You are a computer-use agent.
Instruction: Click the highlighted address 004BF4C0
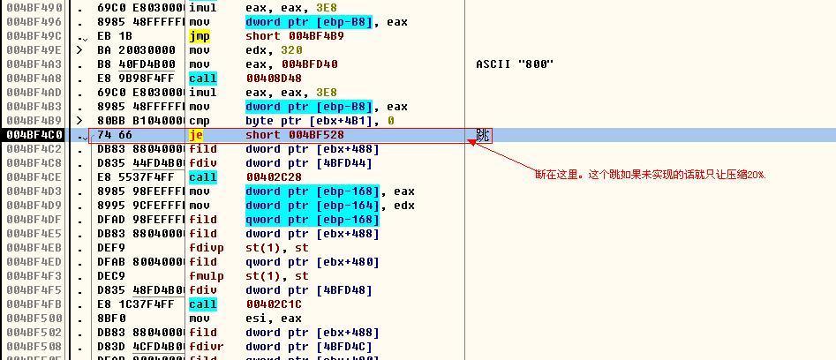click(x=34, y=135)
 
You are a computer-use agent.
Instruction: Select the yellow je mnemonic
click(x=196, y=135)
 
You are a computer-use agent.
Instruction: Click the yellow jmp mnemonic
click(x=200, y=36)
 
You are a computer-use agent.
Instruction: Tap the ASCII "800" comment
click(x=515, y=64)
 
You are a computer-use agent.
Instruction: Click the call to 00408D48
click(x=245, y=79)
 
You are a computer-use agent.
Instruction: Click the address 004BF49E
click(x=34, y=50)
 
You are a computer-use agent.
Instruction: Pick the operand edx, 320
click(x=274, y=50)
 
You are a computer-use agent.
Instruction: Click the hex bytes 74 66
click(x=115, y=135)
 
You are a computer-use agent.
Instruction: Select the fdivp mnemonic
click(x=207, y=248)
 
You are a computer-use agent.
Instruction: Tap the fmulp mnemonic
click(x=207, y=276)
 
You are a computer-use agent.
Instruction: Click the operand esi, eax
click(x=274, y=319)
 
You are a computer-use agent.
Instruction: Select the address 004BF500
click(x=34, y=319)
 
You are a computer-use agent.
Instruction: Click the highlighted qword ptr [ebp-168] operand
click(x=313, y=220)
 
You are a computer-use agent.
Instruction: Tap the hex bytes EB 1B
click(x=115, y=36)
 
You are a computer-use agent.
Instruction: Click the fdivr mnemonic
click(x=207, y=347)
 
